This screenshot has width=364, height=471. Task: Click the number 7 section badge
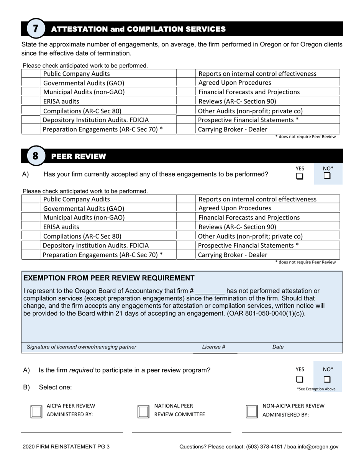36,29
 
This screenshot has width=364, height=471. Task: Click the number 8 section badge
36,156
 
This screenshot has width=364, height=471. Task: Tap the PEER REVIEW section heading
78,156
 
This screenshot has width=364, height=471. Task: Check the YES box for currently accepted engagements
300,176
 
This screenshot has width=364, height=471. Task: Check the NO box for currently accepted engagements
327,176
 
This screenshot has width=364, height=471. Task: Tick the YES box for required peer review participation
300,379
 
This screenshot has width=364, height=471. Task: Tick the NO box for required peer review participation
327,379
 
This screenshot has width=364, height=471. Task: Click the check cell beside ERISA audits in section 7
31,101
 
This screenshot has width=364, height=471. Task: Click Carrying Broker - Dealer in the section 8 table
233,255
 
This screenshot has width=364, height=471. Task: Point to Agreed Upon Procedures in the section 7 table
234,83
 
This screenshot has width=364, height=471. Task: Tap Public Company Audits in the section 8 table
77,199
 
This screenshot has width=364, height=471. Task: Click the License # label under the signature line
213,347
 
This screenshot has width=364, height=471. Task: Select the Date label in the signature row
278,347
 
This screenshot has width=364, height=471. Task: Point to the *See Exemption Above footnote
316,389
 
